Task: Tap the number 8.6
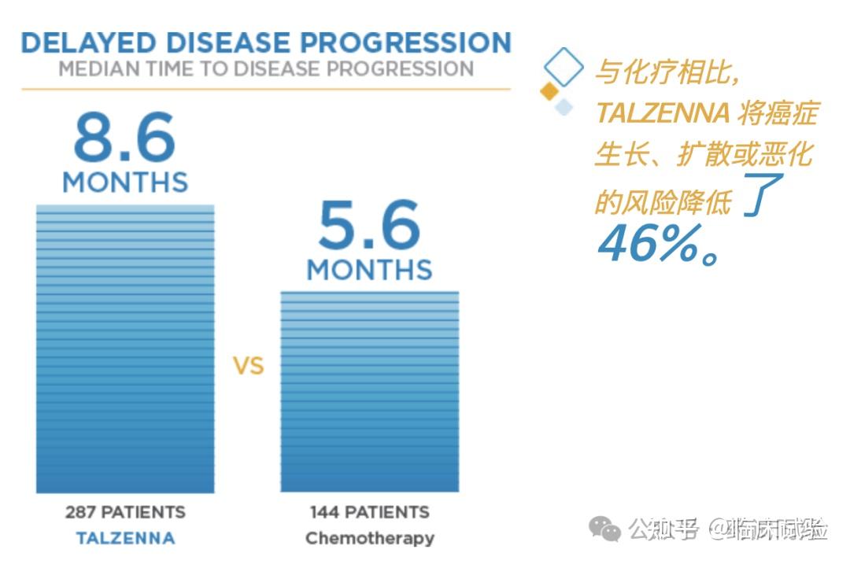[124, 139]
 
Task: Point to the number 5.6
[369, 227]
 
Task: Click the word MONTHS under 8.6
[125, 182]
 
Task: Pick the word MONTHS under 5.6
[369, 270]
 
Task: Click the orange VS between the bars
[248, 367]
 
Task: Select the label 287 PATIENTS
[125, 512]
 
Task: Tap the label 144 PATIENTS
[370, 512]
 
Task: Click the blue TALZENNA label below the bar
[125, 539]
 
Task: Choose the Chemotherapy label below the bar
[370, 539]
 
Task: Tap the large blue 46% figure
[650, 245]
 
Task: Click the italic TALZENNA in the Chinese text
[662, 114]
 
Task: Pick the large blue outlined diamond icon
[564, 66]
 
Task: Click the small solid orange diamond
[549, 91]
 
